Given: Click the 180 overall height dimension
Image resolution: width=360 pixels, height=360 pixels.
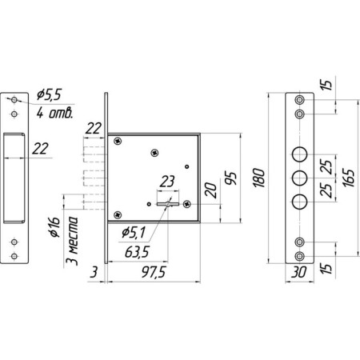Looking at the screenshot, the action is point(259,178).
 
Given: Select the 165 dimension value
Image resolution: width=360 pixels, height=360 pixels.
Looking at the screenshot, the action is point(349,178).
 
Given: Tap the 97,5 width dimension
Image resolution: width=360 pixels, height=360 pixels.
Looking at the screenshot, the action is point(154,272).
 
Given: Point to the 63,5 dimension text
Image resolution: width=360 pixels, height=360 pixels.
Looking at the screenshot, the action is point(137,252).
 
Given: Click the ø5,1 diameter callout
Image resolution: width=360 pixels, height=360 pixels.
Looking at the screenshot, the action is point(134,233).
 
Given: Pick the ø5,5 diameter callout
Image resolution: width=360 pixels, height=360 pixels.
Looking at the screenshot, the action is point(49,94).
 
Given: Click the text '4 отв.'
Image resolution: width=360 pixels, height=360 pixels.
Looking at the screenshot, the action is point(54,113).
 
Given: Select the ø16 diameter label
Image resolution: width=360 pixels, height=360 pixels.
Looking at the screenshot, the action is point(54,227).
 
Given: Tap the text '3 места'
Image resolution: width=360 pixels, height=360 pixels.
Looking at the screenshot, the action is point(73,241).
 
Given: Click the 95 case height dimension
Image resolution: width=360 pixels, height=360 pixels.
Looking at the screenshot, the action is point(231,178).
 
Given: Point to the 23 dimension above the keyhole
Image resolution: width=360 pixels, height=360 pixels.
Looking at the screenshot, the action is point(167,182).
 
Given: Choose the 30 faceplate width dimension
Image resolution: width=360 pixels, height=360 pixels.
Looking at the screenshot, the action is point(298,272).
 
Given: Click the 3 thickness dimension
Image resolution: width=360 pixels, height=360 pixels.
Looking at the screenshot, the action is point(94,272).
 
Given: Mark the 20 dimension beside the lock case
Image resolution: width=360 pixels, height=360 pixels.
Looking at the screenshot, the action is point(211,190).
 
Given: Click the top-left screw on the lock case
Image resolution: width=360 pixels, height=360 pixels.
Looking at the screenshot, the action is point(118,141).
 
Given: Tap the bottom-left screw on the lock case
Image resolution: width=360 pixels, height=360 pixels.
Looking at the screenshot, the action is point(118,214).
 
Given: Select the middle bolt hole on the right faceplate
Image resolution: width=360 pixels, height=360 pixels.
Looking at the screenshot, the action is point(299,178).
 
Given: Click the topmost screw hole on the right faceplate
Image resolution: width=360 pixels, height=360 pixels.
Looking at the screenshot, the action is point(299,100).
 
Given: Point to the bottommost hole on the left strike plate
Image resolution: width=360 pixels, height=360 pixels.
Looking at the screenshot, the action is point(14,256).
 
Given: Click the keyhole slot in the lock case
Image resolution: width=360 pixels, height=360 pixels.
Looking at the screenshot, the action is point(168,204).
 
